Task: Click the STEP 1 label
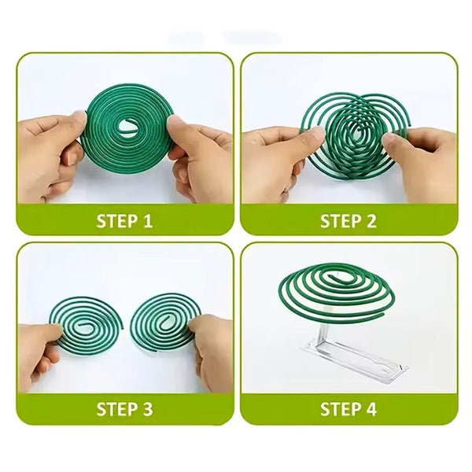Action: pos(124,221)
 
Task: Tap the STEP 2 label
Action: pos(348,221)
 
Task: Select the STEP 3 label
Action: pos(124,408)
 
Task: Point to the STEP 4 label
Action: pos(348,408)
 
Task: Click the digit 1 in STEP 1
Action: pos(147,221)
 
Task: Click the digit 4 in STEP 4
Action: pos(371,408)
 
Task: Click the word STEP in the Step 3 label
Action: pos(116,408)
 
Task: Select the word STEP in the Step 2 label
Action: pos(340,221)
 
